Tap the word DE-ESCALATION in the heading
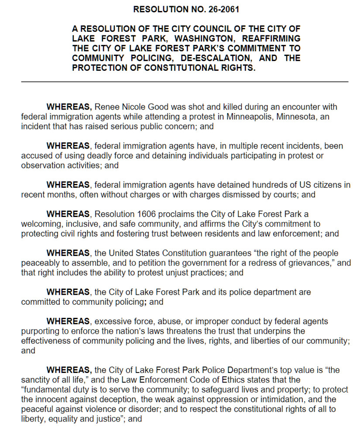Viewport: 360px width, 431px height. tap(215, 58)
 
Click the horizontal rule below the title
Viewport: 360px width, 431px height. tap(185, 82)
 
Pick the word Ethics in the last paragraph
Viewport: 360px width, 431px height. tap(241, 380)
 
